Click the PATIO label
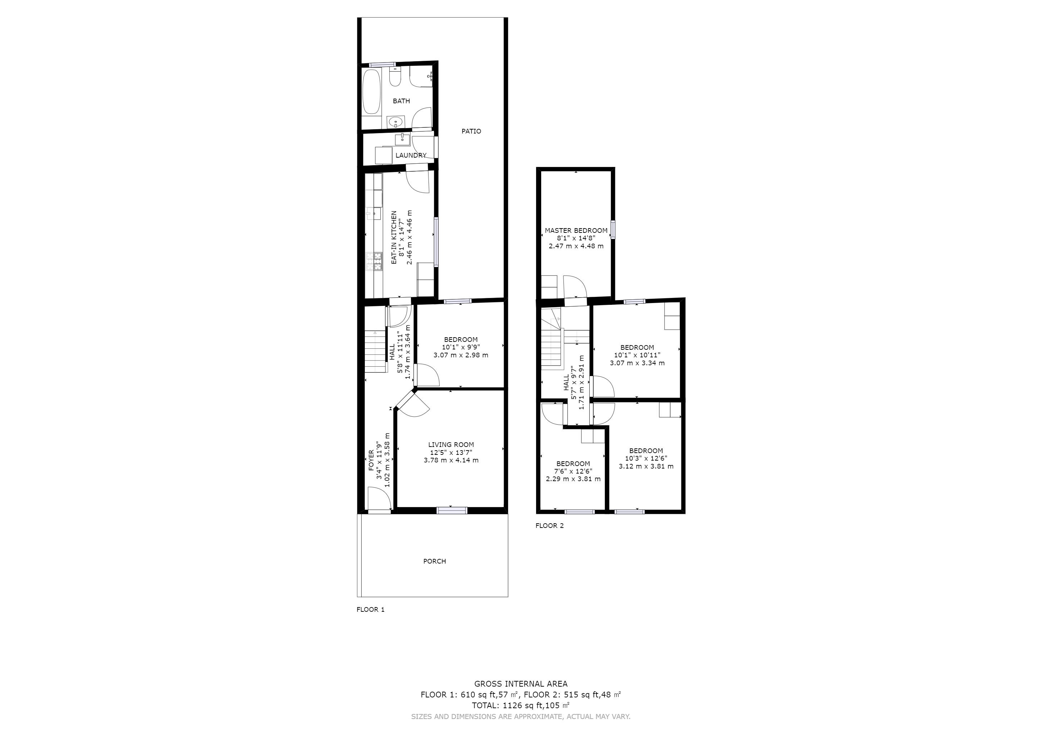coord(471,131)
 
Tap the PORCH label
coord(434,561)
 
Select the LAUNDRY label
coord(411,155)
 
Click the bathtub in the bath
coord(372,92)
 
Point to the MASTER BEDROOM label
coord(576,231)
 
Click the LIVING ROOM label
coord(451,445)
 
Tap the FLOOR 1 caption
coord(370,610)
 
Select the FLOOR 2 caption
coord(549,525)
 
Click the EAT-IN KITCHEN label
coord(394,238)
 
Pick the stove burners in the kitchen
coord(375,261)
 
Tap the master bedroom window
coord(613,229)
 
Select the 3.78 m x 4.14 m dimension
coord(451,460)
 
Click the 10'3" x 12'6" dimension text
coord(646,458)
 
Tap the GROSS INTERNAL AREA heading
coord(521,684)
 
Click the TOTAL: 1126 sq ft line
coord(521,706)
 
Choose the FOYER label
coord(371,460)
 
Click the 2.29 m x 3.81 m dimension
coord(573,479)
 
